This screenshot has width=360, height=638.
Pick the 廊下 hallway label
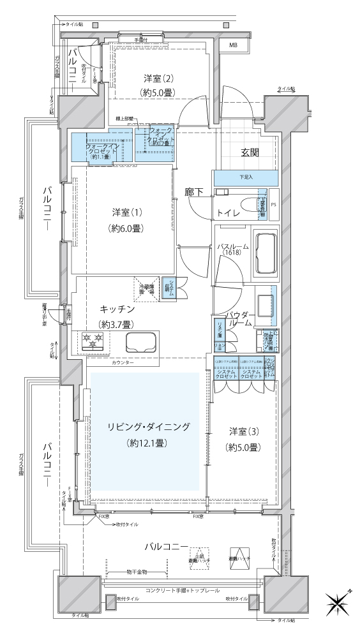point(193,190)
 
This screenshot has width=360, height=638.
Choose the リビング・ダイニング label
point(147,426)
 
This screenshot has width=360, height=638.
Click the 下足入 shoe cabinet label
point(246,177)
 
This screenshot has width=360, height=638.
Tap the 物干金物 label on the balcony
point(137,572)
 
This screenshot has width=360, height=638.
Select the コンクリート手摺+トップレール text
point(182,591)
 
